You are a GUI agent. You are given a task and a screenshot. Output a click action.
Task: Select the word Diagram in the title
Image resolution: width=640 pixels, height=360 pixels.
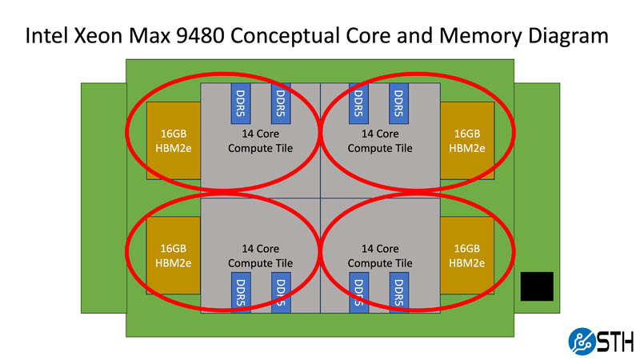[x=566, y=37]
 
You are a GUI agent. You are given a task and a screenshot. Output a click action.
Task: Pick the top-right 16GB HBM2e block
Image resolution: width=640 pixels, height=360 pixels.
[x=466, y=141]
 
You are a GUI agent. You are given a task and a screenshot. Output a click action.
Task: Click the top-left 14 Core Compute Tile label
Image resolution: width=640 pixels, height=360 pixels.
[x=261, y=141]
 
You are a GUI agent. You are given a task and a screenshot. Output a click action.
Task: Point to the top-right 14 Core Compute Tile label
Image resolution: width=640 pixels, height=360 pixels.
[x=380, y=141]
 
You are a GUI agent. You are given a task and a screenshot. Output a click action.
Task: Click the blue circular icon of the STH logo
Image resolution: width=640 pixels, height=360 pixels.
[x=582, y=342]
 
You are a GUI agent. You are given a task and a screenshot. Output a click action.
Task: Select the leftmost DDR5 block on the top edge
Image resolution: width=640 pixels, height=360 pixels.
[x=241, y=102]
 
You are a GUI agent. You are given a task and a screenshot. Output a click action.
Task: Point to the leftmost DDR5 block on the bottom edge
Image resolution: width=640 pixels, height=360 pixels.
[x=241, y=294]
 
